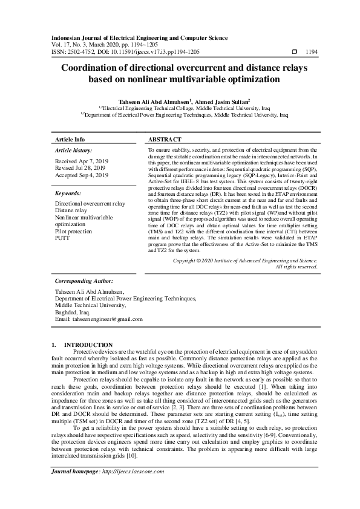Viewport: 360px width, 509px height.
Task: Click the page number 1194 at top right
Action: click(311, 52)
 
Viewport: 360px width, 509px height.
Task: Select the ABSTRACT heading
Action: click(164, 139)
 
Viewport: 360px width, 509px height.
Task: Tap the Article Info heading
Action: click(70, 139)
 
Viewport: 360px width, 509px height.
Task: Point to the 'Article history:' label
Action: click(73, 149)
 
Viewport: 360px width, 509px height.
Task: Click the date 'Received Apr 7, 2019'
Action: click(81, 162)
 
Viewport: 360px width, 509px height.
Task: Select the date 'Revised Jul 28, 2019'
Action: click(81, 169)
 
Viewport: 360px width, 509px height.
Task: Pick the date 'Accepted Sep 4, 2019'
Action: click(82, 175)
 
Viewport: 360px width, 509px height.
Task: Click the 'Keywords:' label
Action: click(68, 194)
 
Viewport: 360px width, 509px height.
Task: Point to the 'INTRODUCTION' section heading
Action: click(88, 345)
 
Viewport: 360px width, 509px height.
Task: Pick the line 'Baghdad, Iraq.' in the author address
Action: click(73, 312)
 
